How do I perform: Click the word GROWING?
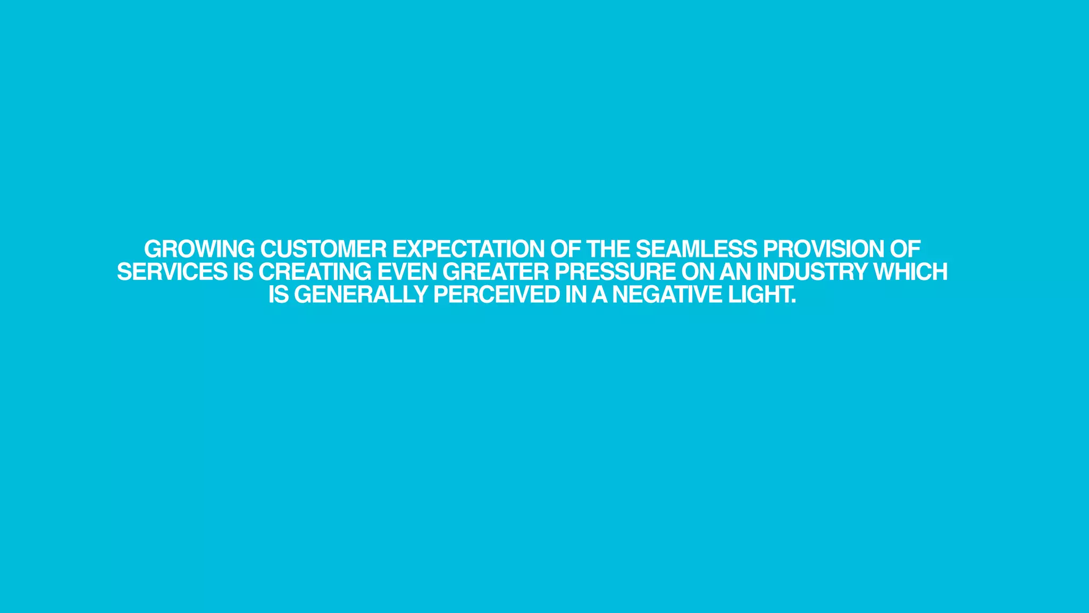click(x=199, y=249)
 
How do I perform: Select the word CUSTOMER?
click(x=323, y=249)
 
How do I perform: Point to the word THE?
click(x=608, y=249)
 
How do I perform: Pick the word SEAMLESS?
click(x=696, y=249)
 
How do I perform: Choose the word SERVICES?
click(x=172, y=272)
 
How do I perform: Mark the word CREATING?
click(x=315, y=272)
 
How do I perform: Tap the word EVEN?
click(x=407, y=272)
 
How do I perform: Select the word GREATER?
click(x=496, y=272)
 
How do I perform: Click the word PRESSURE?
click(x=615, y=272)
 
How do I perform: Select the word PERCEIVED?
click(x=497, y=295)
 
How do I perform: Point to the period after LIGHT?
click(x=793, y=301)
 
